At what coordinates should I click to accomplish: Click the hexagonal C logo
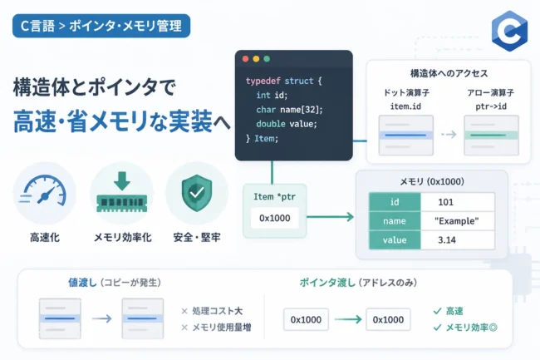509,31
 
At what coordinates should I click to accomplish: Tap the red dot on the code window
246,59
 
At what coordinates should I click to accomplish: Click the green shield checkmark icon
197,193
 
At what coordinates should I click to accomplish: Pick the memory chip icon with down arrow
122,192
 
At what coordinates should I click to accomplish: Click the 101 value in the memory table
445,202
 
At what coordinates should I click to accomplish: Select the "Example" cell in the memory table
457,221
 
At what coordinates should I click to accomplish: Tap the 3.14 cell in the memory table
447,239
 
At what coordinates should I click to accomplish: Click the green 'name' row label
395,221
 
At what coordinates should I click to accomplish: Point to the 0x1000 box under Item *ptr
274,218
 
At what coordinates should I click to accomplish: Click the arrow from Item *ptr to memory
331,217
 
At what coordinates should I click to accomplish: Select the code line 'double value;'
286,124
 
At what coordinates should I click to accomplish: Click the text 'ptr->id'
491,106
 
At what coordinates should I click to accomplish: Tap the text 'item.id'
405,106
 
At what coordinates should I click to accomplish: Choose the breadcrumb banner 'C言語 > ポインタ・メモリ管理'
101,26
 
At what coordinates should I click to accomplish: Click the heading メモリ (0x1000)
432,181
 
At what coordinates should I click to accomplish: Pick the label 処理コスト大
218,311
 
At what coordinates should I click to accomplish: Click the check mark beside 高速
437,311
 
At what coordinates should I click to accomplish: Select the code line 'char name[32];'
289,110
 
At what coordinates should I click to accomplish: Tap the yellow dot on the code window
256,59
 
